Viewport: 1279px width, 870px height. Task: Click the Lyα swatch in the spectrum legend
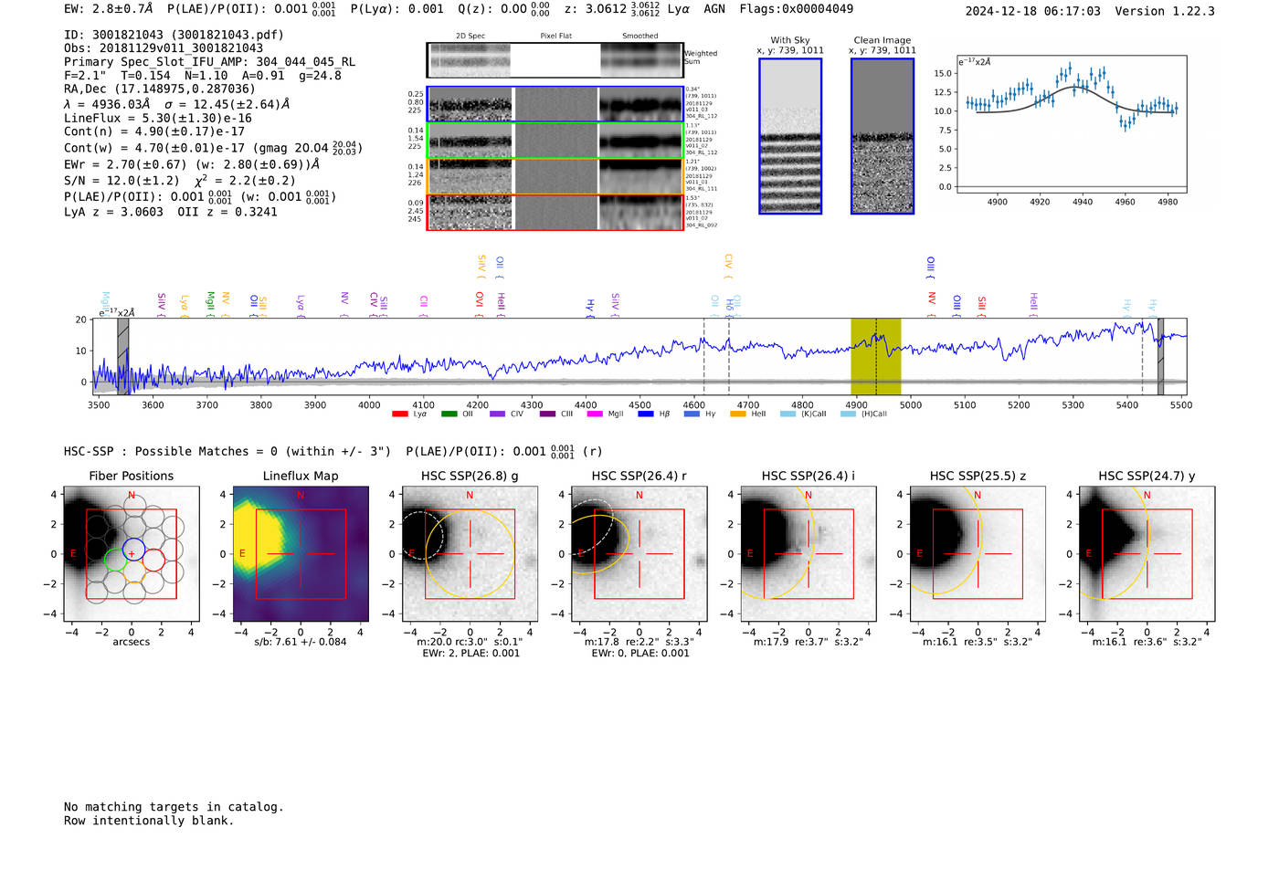(x=399, y=414)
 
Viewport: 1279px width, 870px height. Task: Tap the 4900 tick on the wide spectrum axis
(x=856, y=404)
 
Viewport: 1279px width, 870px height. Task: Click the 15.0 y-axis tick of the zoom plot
(x=943, y=74)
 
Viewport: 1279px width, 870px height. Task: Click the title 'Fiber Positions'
(x=131, y=476)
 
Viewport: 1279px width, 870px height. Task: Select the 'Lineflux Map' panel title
(x=301, y=476)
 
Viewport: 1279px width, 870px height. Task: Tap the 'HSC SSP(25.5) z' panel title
(x=978, y=476)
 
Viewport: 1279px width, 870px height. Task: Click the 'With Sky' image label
(x=789, y=40)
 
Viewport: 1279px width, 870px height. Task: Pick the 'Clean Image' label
(x=882, y=40)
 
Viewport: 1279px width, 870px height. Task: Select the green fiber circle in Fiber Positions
(x=115, y=560)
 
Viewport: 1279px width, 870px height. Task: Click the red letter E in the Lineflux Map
(x=242, y=554)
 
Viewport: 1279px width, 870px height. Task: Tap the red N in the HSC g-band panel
(x=470, y=496)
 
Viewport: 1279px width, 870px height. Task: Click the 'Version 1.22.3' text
(x=1178, y=11)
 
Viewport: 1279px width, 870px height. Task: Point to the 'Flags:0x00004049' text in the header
(x=796, y=9)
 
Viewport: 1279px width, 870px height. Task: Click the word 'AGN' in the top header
(x=714, y=9)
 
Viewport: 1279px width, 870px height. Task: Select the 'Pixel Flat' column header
(x=555, y=37)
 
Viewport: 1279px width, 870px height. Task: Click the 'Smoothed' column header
(x=639, y=37)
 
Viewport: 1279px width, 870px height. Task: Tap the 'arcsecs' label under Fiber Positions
(x=131, y=642)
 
